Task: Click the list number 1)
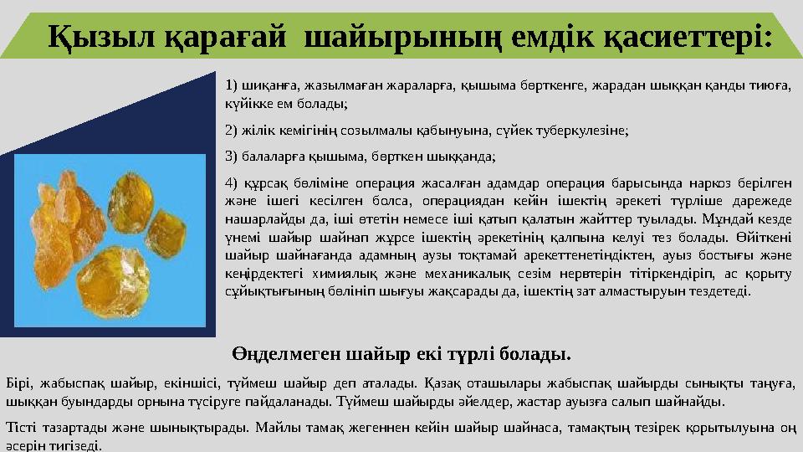coord(233,85)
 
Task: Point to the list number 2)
coord(233,131)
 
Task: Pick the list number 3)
coord(233,156)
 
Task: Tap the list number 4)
coord(233,184)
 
